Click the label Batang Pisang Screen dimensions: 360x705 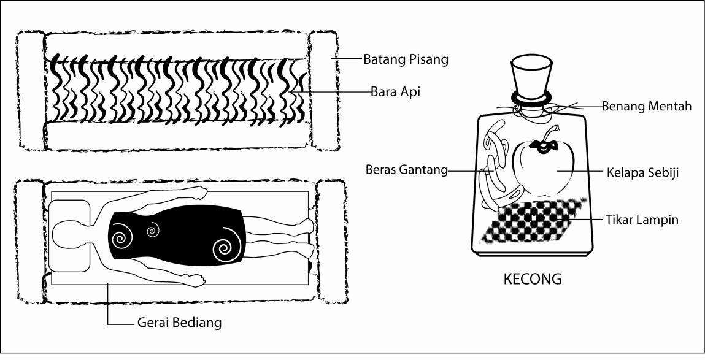406,59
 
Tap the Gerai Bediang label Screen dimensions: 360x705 177,323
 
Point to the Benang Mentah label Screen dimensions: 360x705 646,106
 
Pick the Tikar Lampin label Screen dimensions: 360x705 642,219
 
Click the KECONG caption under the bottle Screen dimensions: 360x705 532,279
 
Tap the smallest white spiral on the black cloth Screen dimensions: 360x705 152,231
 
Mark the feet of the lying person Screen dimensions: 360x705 307,236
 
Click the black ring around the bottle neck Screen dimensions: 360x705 531,98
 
